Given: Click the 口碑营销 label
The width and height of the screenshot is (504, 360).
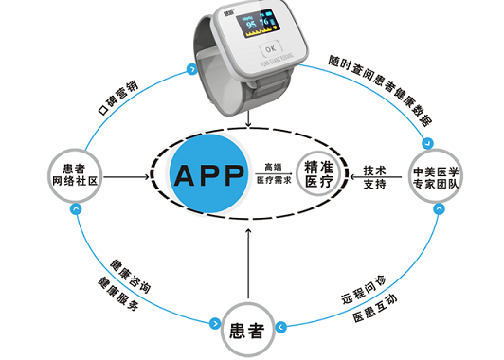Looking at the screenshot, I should pyautogui.click(x=122, y=97).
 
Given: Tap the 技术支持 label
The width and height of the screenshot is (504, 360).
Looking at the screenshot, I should pyautogui.click(x=375, y=177).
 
